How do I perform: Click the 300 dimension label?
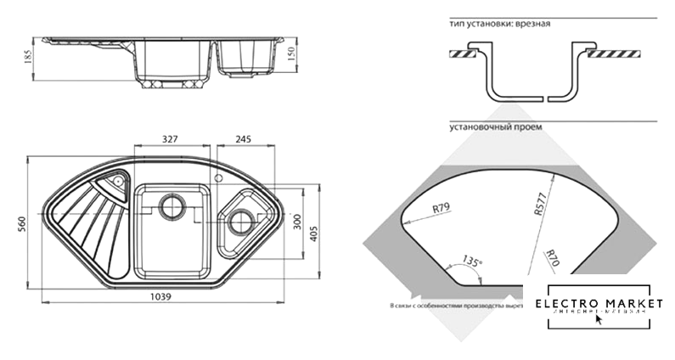[x=297, y=223]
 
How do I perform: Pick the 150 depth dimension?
[x=291, y=53]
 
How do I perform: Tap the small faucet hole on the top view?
[x=218, y=178]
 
